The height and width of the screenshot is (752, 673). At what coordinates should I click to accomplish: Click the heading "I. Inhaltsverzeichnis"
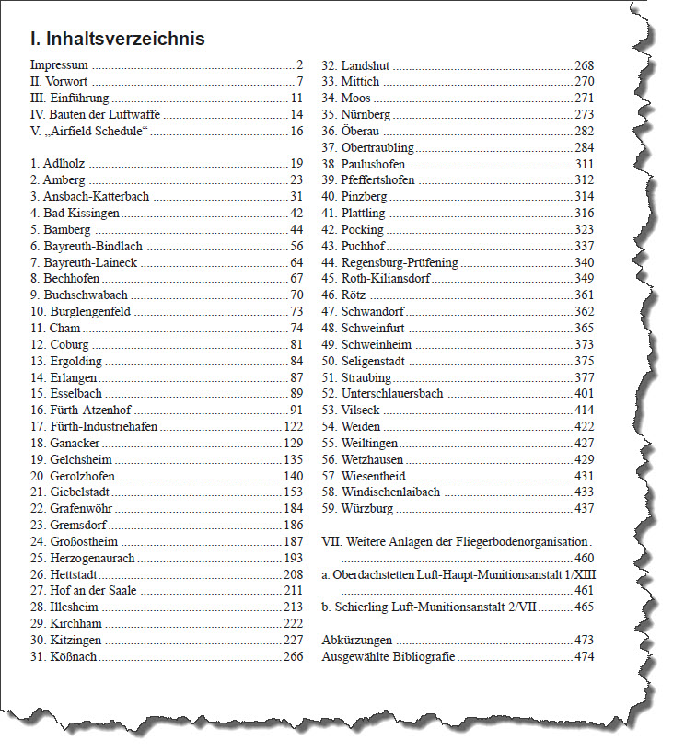tap(117, 39)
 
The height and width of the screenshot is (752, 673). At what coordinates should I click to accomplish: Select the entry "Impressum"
tap(59, 65)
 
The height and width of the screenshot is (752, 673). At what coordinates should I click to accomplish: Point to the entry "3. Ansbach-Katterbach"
tap(89, 197)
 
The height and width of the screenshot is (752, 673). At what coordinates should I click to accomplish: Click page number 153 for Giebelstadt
tap(293, 492)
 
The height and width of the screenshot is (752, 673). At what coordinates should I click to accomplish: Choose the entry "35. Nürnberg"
tap(356, 115)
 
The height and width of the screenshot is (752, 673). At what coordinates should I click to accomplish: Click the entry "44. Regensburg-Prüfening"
tap(389, 263)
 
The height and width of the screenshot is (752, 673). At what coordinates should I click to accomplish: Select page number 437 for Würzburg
tap(584, 509)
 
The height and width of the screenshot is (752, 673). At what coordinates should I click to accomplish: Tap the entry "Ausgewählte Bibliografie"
tap(389, 656)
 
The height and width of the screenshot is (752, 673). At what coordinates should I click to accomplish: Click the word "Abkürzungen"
tap(357, 640)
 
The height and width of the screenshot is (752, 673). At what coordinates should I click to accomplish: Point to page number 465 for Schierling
tap(584, 607)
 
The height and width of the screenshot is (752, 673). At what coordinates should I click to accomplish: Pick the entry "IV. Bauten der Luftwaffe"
tap(94, 115)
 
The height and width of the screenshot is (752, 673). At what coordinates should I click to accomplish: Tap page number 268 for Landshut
tap(584, 65)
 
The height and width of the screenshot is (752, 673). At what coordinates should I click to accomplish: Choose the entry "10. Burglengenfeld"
tap(81, 312)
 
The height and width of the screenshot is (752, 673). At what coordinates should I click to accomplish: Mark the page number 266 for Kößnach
tap(293, 656)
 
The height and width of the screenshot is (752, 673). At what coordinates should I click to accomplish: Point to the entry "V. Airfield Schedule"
tap(89, 132)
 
